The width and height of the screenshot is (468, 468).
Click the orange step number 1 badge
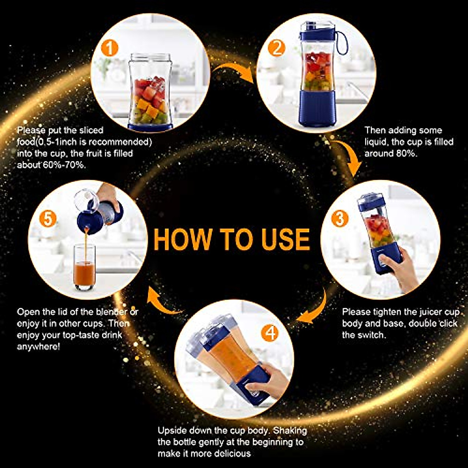tap(109, 49)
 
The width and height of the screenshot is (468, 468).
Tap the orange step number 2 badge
tap(277, 48)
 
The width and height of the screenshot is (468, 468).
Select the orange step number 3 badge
tap(340, 218)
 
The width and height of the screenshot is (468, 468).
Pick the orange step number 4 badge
tap(270, 333)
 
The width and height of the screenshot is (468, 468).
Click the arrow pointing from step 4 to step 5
tap(164, 302)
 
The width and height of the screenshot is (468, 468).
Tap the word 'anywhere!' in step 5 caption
tap(39, 346)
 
